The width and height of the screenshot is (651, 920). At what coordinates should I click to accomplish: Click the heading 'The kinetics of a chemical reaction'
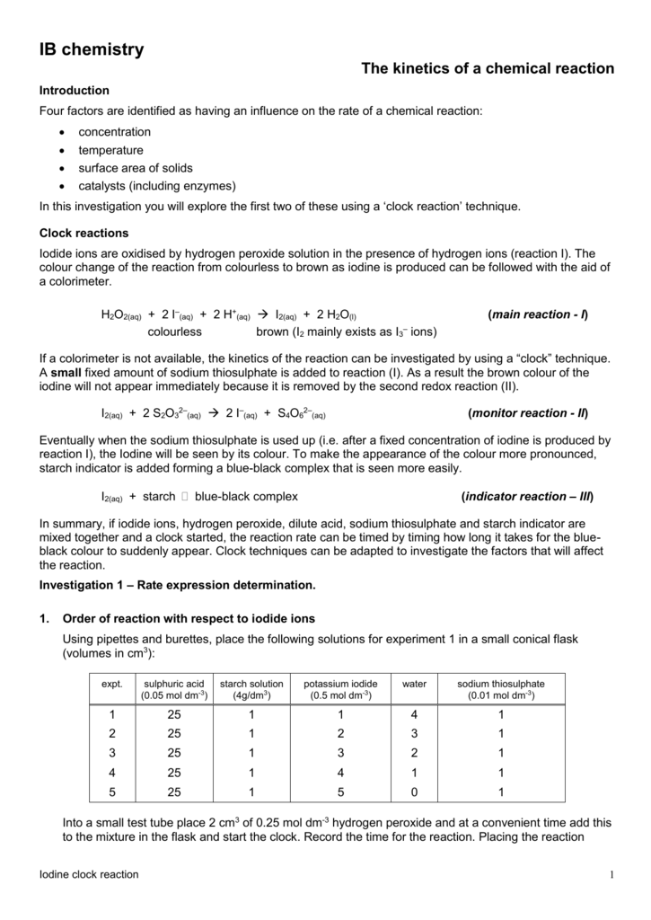[488, 68]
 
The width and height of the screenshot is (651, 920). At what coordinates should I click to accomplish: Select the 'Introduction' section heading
[75, 91]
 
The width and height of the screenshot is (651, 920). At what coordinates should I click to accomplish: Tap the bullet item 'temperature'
[110, 150]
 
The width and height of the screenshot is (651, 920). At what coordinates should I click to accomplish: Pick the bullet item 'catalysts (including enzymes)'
[156, 186]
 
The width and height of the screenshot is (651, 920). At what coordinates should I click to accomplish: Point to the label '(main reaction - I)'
[537, 314]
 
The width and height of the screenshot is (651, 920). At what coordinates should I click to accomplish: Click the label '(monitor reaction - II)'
[528, 413]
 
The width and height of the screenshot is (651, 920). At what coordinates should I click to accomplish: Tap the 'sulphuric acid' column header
[174, 689]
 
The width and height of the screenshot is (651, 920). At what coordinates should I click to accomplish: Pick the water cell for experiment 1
[414, 714]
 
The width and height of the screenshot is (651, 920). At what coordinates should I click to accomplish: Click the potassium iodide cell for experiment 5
[341, 792]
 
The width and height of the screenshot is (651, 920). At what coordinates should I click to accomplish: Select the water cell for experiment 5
[414, 792]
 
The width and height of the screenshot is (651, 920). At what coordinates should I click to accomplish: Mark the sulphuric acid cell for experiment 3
[174, 753]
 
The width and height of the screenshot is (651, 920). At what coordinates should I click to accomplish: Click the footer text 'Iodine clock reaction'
[90, 875]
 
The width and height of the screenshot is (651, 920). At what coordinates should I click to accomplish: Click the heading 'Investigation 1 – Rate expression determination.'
[178, 585]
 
